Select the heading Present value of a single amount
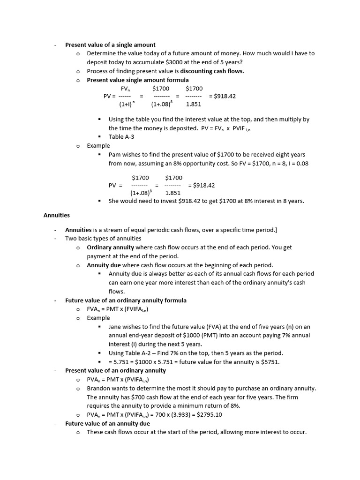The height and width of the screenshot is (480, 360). click(110, 45)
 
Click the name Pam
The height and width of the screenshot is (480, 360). click(115, 154)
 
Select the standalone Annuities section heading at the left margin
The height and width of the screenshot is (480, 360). click(57, 215)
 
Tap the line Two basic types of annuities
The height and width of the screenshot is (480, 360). click(103, 239)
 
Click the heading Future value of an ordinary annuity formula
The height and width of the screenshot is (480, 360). click(126, 300)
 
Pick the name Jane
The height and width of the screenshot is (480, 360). click(115, 327)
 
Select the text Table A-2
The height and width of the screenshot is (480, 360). click(139, 353)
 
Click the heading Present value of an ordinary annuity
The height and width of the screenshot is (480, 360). click(115, 370)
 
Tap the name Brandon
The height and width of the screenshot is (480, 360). click(98, 389)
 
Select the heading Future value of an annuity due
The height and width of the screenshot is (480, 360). click(107, 423)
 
